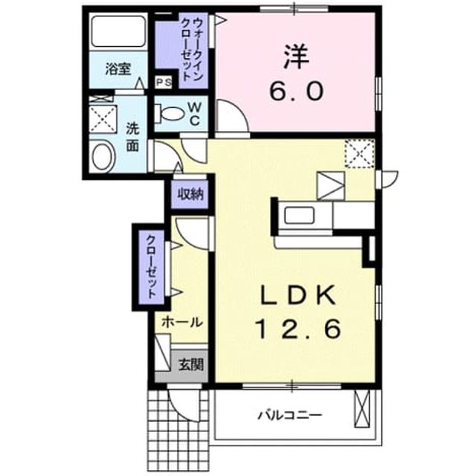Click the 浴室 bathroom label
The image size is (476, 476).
click(118, 69)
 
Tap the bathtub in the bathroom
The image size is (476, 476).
click(118, 31)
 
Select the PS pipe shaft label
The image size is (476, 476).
click(164, 82)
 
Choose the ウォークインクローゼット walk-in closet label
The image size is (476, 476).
click(192, 50)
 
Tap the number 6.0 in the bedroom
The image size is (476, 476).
click(295, 91)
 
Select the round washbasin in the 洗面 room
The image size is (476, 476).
click(103, 157)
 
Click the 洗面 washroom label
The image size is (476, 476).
click(132, 138)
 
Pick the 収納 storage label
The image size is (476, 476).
click(190, 194)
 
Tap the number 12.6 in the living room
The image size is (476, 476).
click(299, 329)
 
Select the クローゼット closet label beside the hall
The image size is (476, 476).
click(151, 267)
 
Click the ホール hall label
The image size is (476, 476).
click(181, 322)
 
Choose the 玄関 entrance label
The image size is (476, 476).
click(190, 364)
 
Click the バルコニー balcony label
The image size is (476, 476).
click(289, 415)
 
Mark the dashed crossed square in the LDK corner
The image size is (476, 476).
click(360, 154)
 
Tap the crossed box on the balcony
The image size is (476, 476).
click(363, 409)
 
